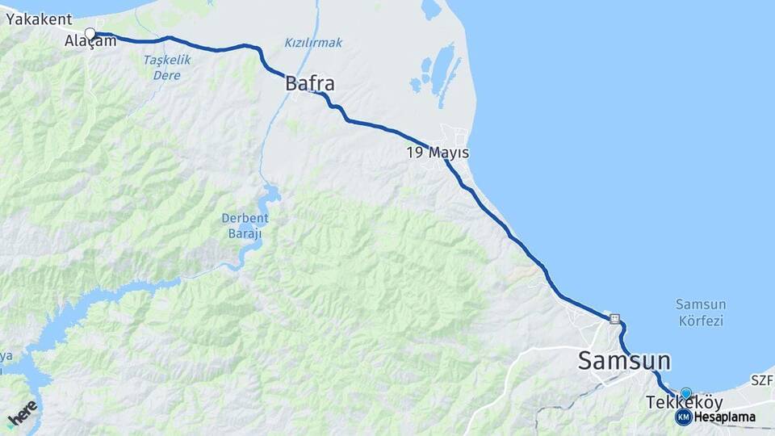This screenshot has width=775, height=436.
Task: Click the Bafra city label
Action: (309, 83)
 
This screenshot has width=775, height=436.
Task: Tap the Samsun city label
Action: (623, 361)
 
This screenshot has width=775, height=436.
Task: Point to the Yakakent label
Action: (39, 19)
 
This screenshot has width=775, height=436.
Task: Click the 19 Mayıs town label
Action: (437, 153)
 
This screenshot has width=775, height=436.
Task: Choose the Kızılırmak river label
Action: (313, 42)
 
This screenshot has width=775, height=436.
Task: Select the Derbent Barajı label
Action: (245, 225)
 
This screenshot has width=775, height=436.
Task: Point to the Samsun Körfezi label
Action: (700, 312)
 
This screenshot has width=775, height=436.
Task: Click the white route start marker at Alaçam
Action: (90, 34)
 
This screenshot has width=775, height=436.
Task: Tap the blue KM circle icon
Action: (683, 417)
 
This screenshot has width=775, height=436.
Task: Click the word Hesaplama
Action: (724, 417)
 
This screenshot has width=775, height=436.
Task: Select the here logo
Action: (22, 413)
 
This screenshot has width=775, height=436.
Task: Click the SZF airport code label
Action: (761, 379)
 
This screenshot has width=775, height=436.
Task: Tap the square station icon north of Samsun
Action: (615, 319)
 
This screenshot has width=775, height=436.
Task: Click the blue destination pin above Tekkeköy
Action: (686, 393)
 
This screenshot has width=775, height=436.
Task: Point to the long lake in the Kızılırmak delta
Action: (443, 70)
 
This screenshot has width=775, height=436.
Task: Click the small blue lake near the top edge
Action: (432, 9)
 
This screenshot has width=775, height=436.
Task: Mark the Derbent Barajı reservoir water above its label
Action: (270, 194)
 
